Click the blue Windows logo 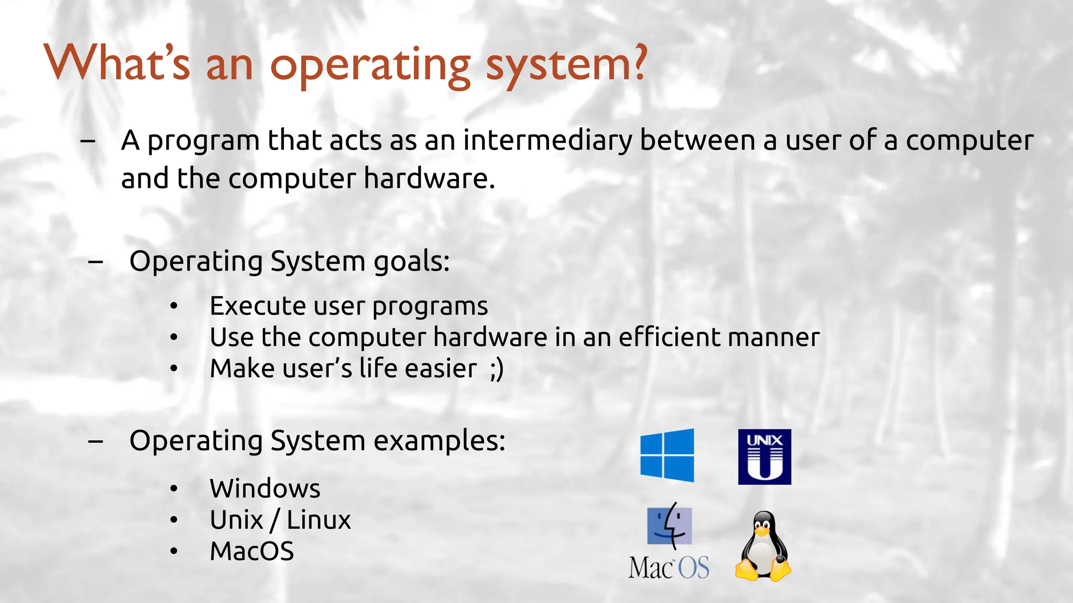point(667,455)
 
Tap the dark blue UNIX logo point(764,456)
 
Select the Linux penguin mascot point(763,546)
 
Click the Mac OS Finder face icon point(670,526)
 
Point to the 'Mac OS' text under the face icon point(669,567)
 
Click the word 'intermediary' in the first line point(548,140)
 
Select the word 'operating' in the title point(370,66)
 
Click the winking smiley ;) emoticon point(497,368)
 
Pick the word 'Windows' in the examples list point(265,488)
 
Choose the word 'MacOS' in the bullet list point(251,551)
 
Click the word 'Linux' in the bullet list point(319,520)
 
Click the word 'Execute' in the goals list point(257,306)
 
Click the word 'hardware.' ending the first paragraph point(429,178)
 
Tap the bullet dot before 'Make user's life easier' point(174,368)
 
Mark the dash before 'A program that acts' point(88,140)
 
